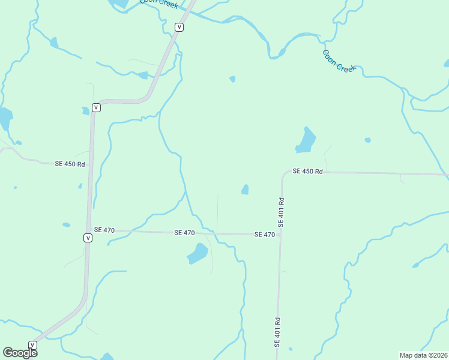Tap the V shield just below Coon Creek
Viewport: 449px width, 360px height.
pyautogui.click(x=179, y=27)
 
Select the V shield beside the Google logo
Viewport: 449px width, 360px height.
pyautogui.click(x=32, y=345)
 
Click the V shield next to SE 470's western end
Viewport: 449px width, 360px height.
pyautogui.click(x=88, y=238)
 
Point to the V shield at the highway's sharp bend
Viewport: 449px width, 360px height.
pyautogui.click(x=96, y=107)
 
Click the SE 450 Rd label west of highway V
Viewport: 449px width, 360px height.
pyautogui.click(x=70, y=164)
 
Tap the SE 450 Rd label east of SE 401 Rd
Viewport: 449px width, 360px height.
pyautogui.click(x=308, y=172)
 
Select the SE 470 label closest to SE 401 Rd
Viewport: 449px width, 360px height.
pyautogui.click(x=264, y=235)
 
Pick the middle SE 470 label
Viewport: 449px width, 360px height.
pyautogui.click(x=184, y=232)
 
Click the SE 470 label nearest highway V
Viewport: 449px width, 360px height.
pyautogui.click(x=104, y=230)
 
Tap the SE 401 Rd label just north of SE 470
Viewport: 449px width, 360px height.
pyautogui.click(x=280, y=211)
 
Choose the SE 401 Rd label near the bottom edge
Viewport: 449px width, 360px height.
pyautogui.click(x=277, y=331)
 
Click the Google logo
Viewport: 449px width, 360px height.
pyautogui.click(x=20, y=352)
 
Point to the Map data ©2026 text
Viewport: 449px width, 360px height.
pyautogui.click(x=423, y=355)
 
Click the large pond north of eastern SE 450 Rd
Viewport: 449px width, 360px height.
pyautogui.click(x=306, y=142)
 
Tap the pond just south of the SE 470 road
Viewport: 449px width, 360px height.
pyautogui.click(x=197, y=254)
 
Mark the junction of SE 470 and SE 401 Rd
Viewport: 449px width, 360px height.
pyautogui.click(x=280, y=235)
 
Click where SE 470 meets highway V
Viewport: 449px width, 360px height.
pyautogui.click(x=89, y=229)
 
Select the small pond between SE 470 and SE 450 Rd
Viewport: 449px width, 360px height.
pyautogui.click(x=245, y=190)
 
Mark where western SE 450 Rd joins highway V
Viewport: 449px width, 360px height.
pyautogui.click(x=91, y=164)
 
